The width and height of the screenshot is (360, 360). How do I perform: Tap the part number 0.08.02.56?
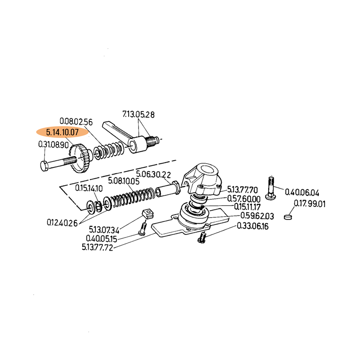click(x=76, y=121)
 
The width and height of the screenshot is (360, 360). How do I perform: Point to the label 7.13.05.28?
click(x=139, y=115)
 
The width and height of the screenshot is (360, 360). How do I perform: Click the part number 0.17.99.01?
click(x=310, y=203)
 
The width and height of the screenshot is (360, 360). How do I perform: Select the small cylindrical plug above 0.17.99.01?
click(x=289, y=217)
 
